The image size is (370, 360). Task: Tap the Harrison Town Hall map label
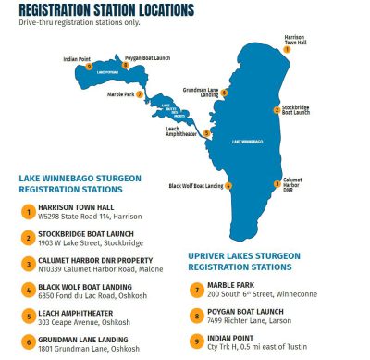[x=294, y=39]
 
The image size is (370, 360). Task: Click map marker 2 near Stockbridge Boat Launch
[x=276, y=109]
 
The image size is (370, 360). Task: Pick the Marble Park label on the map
[x=119, y=94]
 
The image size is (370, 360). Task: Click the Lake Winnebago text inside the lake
[x=247, y=142]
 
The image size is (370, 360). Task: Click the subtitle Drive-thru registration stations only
[x=89, y=22]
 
